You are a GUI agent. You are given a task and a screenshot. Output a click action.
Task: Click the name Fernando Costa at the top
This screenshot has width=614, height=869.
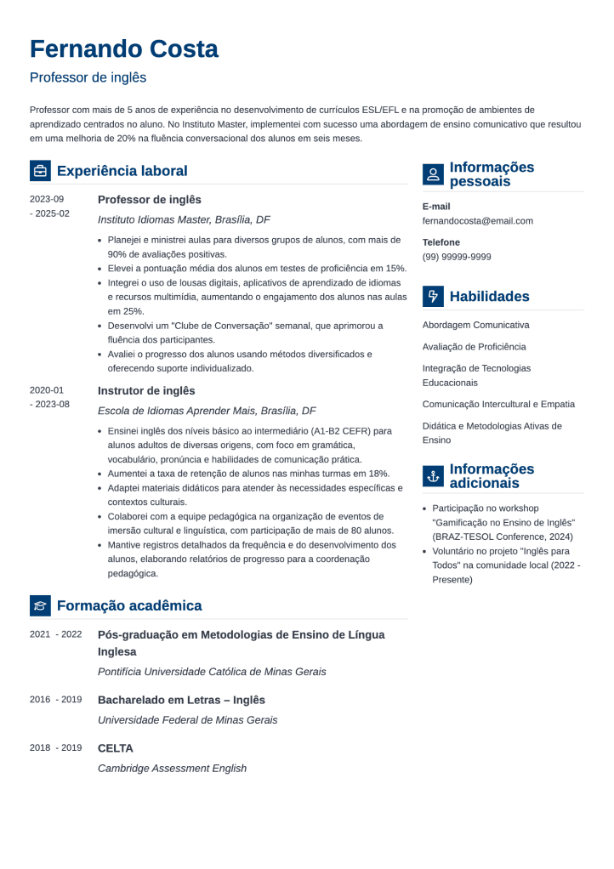tap(124, 48)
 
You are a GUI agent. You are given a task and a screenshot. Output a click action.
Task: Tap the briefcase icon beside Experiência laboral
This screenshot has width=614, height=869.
tap(40, 171)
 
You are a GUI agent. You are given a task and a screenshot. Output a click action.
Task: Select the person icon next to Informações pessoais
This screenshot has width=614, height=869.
tap(433, 174)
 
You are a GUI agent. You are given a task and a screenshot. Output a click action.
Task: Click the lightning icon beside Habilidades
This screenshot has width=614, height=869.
tap(433, 296)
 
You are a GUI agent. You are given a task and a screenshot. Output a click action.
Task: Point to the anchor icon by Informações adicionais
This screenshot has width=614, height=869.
tap(433, 476)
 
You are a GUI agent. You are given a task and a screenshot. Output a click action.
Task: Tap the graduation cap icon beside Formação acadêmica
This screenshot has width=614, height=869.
tap(40, 605)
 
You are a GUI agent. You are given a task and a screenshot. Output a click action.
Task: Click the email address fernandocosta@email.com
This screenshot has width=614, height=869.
tap(477, 221)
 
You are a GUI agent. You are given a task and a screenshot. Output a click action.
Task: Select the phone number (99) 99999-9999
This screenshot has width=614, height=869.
tap(456, 257)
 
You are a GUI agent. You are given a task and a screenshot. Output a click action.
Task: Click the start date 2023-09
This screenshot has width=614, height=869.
tap(47, 199)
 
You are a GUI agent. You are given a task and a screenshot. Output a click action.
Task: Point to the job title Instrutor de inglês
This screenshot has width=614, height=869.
tap(146, 390)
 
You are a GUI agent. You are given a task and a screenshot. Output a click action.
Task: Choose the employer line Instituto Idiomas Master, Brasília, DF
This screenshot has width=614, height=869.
tap(184, 219)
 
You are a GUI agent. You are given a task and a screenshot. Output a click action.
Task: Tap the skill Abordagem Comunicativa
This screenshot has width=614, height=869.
tap(475, 325)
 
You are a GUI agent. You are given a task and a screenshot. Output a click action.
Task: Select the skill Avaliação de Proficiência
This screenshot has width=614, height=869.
tap(474, 347)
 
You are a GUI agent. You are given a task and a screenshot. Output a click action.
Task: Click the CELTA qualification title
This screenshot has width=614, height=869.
tap(116, 748)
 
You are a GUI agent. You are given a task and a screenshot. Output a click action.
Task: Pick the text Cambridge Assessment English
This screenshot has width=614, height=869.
tap(172, 768)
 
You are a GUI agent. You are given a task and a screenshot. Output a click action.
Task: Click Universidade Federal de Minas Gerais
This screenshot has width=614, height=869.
tap(187, 719)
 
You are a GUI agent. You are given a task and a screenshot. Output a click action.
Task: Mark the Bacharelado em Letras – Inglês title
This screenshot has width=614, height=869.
tap(181, 700)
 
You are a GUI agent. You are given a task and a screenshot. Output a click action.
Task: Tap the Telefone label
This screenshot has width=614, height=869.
tap(441, 242)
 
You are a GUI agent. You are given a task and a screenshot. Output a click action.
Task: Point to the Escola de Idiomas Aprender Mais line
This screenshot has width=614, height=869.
tap(207, 410)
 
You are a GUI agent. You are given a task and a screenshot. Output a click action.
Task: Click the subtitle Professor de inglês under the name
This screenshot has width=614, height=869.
tap(88, 77)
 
